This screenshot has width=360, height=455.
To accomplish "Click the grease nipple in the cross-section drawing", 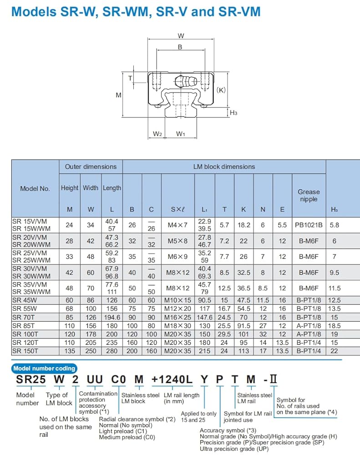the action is point(186,81).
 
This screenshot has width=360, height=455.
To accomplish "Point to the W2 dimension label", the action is point(157,134).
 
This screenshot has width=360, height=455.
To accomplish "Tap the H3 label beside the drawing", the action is point(233,112).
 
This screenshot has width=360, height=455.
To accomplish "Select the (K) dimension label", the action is point(221,90).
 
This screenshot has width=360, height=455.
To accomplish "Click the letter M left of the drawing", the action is point(118,95).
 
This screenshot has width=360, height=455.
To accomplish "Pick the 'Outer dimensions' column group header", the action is point(91,167).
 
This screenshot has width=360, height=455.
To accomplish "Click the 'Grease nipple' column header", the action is point(309,195).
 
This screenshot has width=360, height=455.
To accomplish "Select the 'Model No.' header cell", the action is point(35,188).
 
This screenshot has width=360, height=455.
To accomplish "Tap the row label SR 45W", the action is point(25,300).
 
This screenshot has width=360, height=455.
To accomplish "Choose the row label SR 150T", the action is point(25,351).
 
